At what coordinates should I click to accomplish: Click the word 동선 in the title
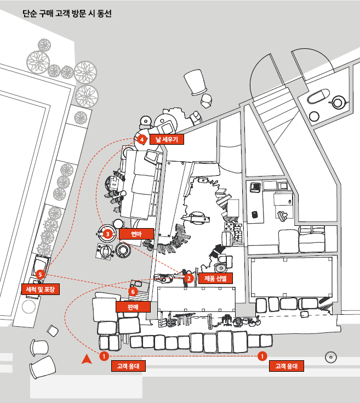104,13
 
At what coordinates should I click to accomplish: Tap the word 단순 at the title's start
30,13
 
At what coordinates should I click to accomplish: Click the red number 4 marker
141,139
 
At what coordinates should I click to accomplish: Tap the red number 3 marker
107,234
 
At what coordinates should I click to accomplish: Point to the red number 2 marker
188,279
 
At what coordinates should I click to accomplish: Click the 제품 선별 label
215,279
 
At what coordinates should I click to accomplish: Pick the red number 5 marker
39,274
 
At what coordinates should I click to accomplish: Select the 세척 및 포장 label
42,288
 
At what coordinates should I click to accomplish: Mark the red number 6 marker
133,292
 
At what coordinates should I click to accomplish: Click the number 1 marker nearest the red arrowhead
104,356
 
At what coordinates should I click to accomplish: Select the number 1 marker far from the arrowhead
262,356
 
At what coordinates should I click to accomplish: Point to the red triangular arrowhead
85,359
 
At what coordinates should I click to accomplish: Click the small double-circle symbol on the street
330,357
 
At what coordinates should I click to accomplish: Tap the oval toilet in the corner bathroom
317,97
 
